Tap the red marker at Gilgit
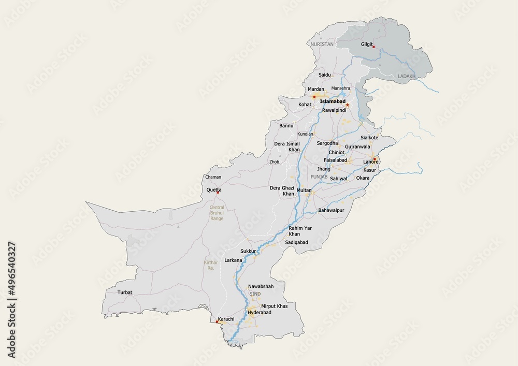[x=373, y=47]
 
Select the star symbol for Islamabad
[x=348, y=105]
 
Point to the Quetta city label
[x=214, y=190]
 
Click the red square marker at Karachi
[x=217, y=322]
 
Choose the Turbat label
[x=125, y=292]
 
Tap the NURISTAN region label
[x=322, y=45]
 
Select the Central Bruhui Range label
[x=217, y=213]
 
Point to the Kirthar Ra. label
[x=211, y=266]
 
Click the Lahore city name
[x=371, y=162]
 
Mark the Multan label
[x=304, y=191]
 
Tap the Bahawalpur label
[x=331, y=210]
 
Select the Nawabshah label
[x=261, y=286]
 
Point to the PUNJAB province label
[x=319, y=177]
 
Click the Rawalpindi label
[x=334, y=111]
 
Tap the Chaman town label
[x=213, y=177]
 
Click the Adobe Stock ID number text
[x=11, y=300]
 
